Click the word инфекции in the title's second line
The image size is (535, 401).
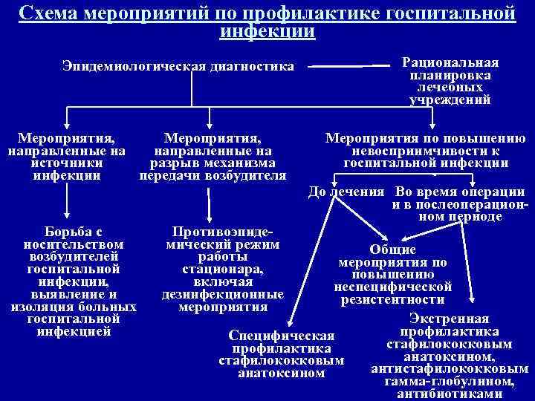(267, 32)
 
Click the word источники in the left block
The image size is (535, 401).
(67, 163)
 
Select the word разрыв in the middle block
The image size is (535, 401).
(183, 163)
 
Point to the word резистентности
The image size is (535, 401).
(393, 300)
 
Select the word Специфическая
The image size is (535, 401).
(282, 336)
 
